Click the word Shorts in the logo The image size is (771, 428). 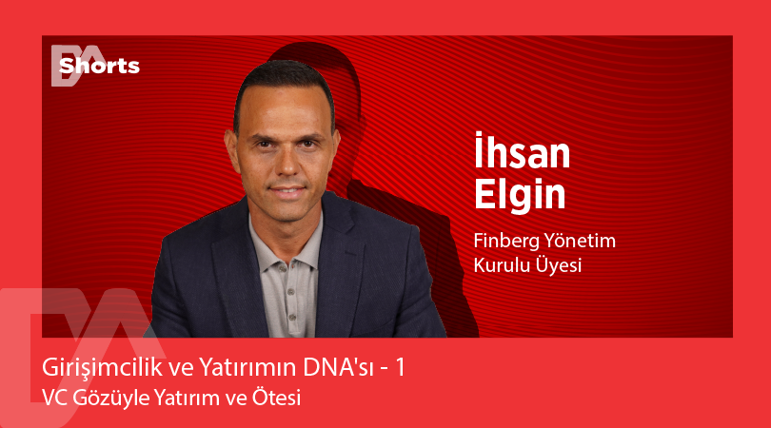99,66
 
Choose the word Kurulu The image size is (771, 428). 501,265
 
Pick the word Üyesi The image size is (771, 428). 557,265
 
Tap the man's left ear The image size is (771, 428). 333,152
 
